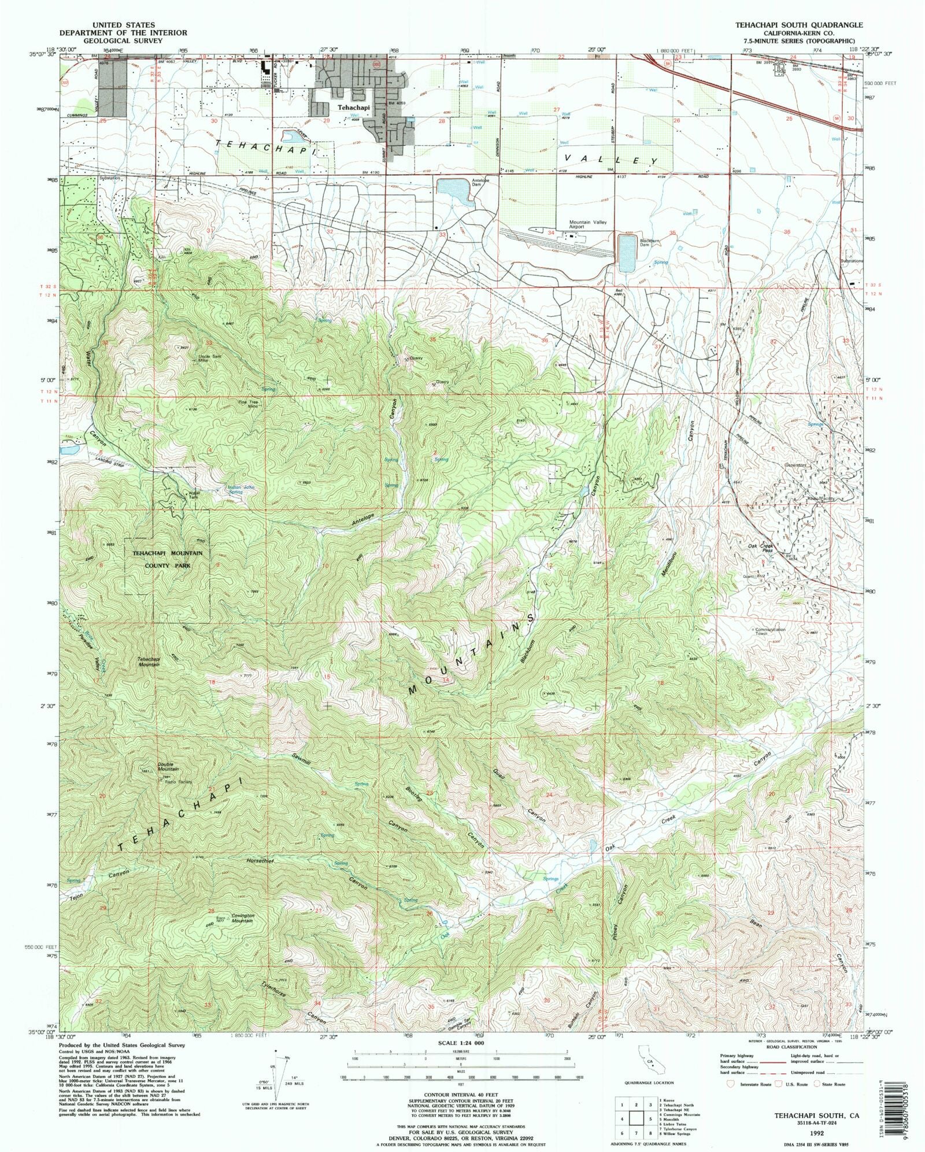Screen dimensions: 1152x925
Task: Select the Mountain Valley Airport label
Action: point(584,224)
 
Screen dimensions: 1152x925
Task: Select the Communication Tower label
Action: point(770,632)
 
